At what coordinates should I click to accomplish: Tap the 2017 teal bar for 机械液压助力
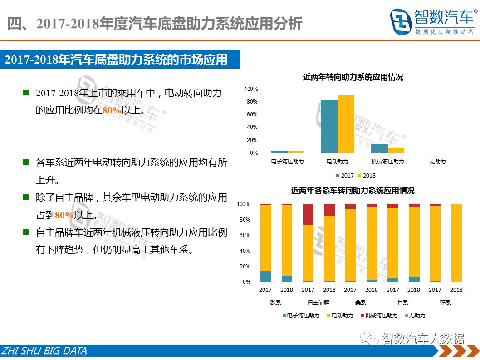379,148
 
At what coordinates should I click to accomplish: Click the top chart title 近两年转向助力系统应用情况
353,77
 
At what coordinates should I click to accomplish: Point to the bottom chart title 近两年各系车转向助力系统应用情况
353,191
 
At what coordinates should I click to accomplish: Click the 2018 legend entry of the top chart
367,176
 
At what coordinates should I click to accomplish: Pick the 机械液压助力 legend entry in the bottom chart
379,316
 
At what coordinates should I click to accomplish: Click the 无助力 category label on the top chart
437,162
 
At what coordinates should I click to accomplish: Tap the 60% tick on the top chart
252,114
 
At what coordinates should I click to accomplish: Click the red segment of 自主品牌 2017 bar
308,214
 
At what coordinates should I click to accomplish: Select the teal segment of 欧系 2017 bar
266,276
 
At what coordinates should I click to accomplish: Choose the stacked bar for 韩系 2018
456,243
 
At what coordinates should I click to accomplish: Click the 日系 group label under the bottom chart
403,302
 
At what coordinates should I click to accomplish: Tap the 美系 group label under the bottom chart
361,302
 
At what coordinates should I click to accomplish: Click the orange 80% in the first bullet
112,110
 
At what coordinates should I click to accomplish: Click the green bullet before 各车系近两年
26,162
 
